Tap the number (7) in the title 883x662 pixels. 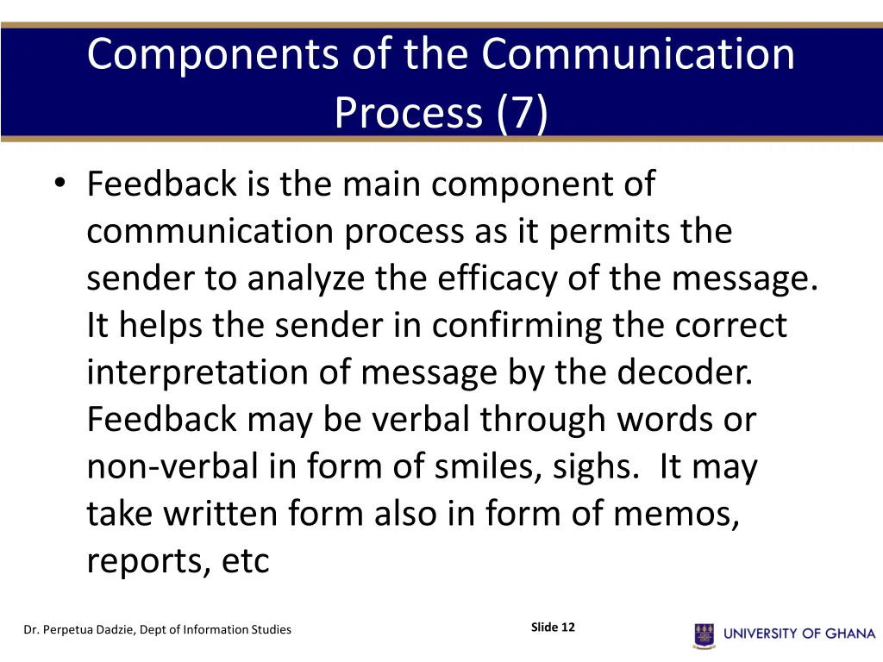[522, 113]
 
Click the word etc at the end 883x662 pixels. [246, 561]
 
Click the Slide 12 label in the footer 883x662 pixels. [553, 628]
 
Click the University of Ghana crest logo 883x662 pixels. [705, 634]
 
